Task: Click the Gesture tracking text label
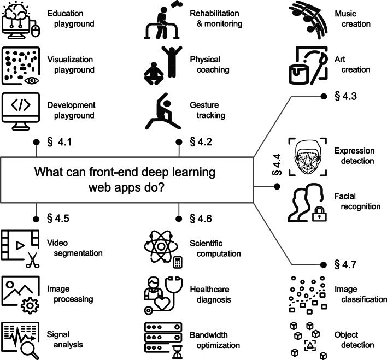(x=208, y=110)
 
